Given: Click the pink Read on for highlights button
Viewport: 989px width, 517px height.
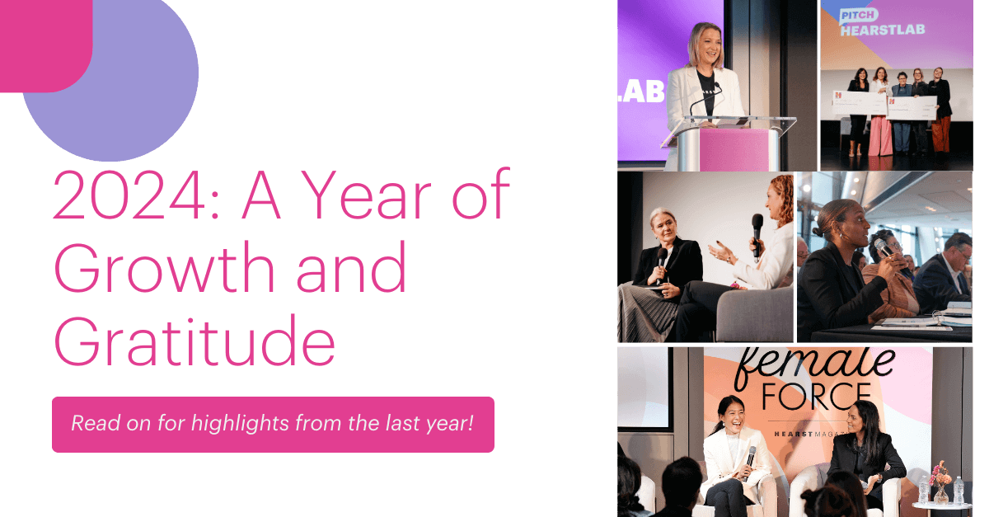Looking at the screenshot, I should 273,425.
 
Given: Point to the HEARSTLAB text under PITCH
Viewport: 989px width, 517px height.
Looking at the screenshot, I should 882,31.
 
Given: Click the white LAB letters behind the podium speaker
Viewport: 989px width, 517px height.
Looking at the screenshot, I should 640,92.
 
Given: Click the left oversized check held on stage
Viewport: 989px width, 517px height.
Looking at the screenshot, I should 860,103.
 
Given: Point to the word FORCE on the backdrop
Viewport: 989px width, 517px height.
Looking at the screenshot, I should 816,397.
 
